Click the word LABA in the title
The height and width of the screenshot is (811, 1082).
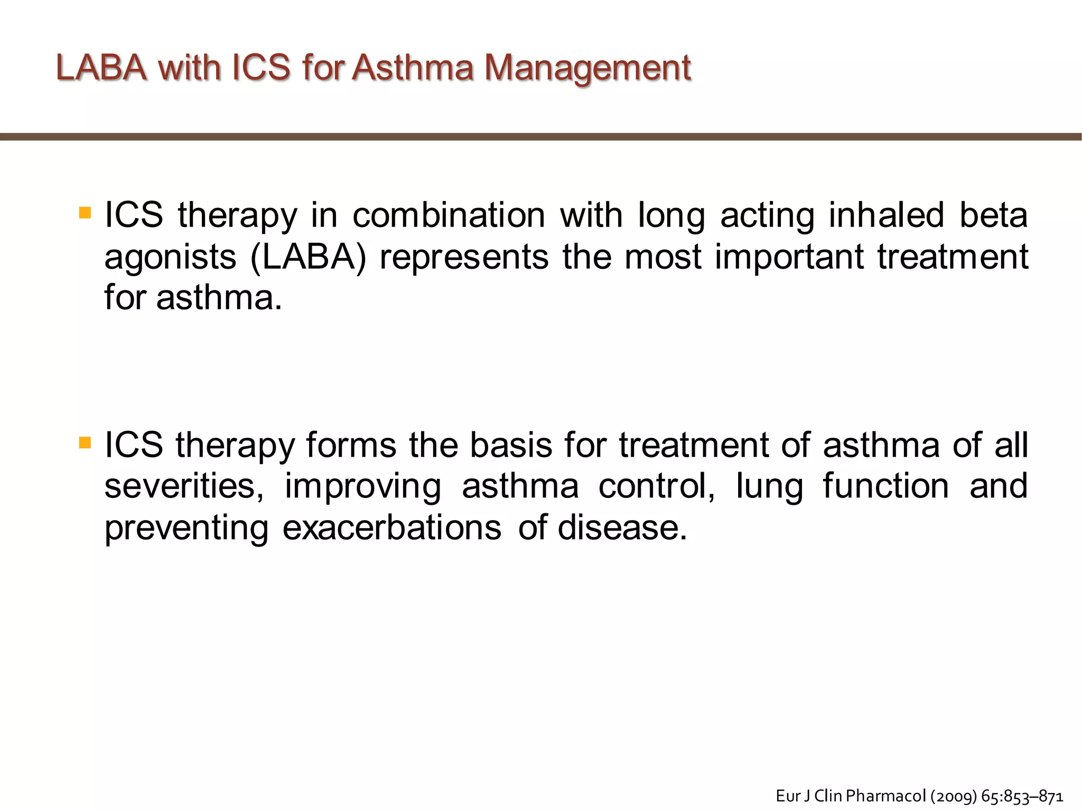pos(101,68)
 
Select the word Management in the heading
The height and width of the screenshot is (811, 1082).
pos(587,69)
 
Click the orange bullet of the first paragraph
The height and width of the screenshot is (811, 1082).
pos(85,213)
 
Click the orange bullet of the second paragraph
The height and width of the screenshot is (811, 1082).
pos(85,442)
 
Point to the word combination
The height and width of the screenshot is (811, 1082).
pos(449,215)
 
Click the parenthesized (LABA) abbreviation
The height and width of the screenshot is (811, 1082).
pos(308,257)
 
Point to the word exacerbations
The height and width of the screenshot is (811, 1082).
pos(391,527)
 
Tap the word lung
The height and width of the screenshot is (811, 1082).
pos(769,487)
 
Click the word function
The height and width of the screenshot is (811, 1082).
pos(885,486)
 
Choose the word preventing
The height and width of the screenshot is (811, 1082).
pos(186,529)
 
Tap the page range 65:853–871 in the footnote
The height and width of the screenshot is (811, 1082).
pos(1022,796)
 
